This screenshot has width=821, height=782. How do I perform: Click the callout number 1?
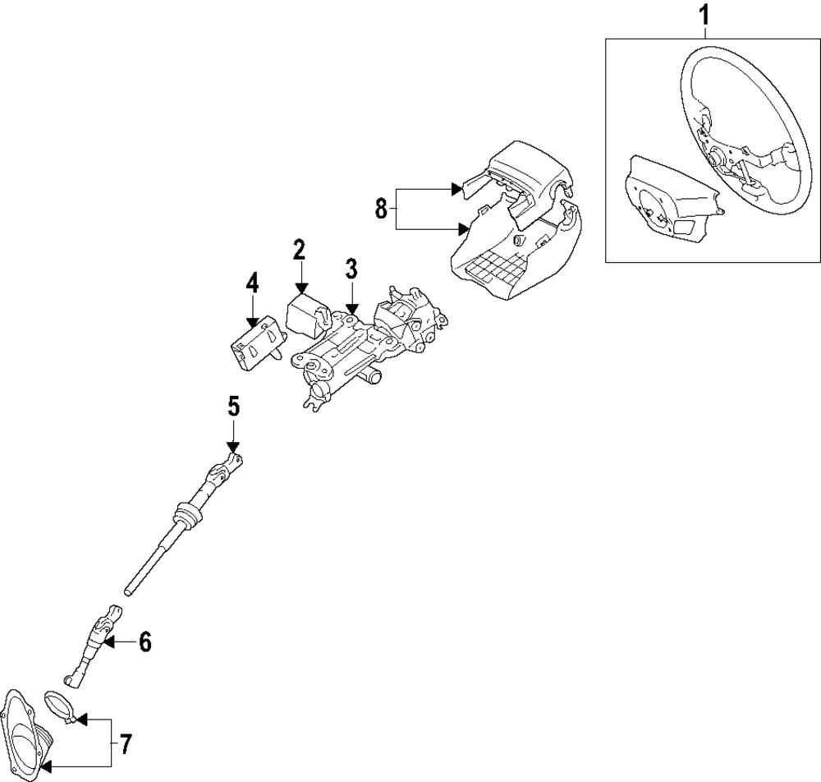click(704, 15)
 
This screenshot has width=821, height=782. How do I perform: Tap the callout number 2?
click(299, 251)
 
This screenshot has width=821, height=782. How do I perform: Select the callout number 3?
click(351, 269)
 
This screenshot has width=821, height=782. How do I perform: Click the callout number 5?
click(233, 407)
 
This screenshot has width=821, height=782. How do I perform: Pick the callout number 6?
click(144, 642)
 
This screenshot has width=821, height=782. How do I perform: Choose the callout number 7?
click(126, 743)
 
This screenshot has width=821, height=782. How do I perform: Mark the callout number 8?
click(381, 209)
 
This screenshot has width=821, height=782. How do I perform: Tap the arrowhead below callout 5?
click(233, 447)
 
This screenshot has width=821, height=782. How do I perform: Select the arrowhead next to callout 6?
click(108, 641)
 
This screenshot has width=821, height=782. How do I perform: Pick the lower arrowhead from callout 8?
click(463, 229)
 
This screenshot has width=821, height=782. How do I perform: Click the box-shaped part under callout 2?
click(307, 315)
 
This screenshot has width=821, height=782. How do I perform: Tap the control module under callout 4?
click(258, 343)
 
